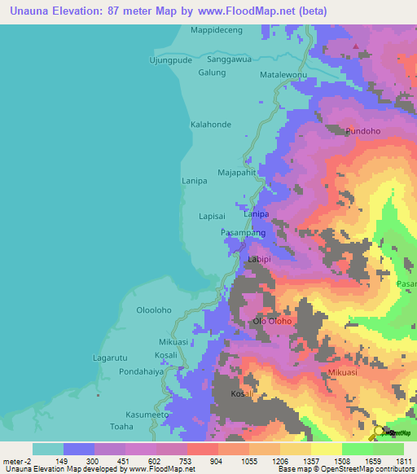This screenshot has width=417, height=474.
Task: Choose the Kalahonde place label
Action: tap(210, 125)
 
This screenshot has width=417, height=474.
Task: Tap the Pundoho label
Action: tap(362, 131)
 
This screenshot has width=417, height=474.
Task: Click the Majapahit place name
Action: tap(237, 173)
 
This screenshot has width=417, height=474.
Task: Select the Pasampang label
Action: tap(243, 233)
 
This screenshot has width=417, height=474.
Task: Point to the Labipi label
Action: tap(259, 259)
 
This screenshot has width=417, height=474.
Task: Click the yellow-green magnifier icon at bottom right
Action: tap(380, 434)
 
